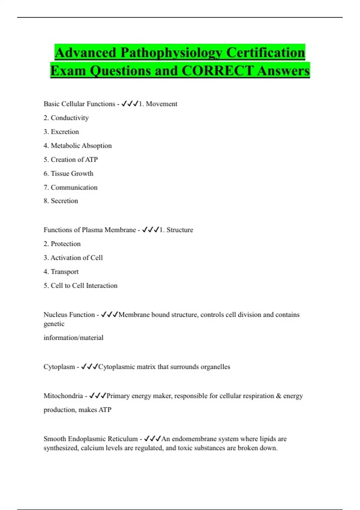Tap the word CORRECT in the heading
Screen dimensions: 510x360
[217, 71]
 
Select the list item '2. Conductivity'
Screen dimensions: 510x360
[66, 118]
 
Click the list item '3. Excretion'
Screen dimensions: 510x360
[61, 132]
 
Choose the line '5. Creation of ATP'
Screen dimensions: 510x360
[70, 160]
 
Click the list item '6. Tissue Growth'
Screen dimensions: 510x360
[68, 173]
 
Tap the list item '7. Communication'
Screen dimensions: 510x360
[70, 187]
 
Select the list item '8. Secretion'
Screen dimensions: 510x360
[61, 201]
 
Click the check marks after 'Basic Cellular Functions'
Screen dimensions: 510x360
[130, 104]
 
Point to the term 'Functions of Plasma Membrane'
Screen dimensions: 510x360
[90, 230]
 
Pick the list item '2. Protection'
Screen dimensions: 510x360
[62, 244]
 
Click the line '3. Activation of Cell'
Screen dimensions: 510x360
[73, 258]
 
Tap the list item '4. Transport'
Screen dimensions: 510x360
[61, 272]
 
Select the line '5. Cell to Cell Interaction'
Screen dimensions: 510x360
[80, 286]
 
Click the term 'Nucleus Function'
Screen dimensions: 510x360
[69, 315]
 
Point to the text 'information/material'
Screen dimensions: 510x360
[73, 338]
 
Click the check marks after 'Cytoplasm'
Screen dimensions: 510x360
[89, 367]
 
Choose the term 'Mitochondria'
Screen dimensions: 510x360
[63, 396]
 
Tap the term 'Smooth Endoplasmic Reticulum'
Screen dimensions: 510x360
[90, 439]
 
